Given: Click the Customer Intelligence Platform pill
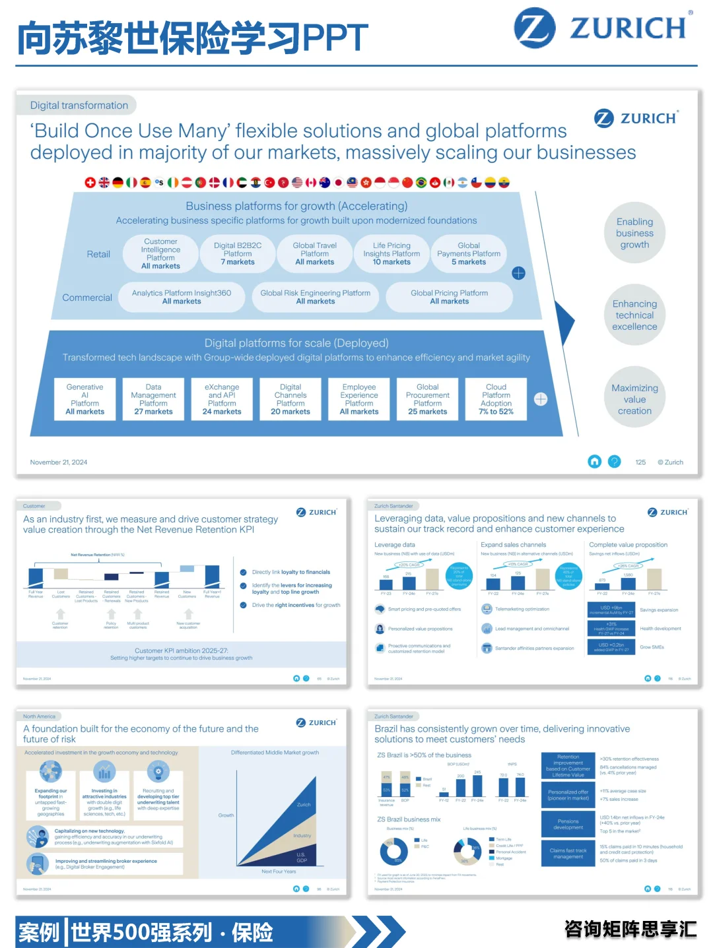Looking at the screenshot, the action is click(160, 254).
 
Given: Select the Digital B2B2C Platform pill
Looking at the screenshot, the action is click(238, 254).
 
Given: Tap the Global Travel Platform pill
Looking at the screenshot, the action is click(315, 254).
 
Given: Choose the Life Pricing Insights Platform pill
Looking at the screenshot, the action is click(391, 254).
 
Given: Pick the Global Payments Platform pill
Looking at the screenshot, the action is click(469, 254).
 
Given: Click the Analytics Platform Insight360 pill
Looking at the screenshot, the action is click(182, 297).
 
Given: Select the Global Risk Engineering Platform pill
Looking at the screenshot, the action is click(316, 297).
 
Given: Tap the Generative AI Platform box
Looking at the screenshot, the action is click(85, 399).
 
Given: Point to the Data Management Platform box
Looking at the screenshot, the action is click(153, 399).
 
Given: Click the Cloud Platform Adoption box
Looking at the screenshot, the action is click(496, 399).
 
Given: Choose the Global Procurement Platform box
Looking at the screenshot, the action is click(428, 399).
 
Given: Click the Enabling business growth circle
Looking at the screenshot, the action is click(634, 233).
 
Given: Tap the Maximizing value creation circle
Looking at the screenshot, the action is click(634, 399).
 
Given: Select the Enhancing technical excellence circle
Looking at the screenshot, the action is click(634, 315).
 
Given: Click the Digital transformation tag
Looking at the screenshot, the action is click(79, 106).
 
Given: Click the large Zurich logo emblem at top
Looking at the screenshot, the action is click(535, 28).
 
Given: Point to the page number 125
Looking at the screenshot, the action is click(640, 462).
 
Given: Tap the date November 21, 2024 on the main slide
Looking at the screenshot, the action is click(59, 462).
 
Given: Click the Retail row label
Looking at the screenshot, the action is click(98, 254).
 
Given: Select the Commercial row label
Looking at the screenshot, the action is click(87, 298).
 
